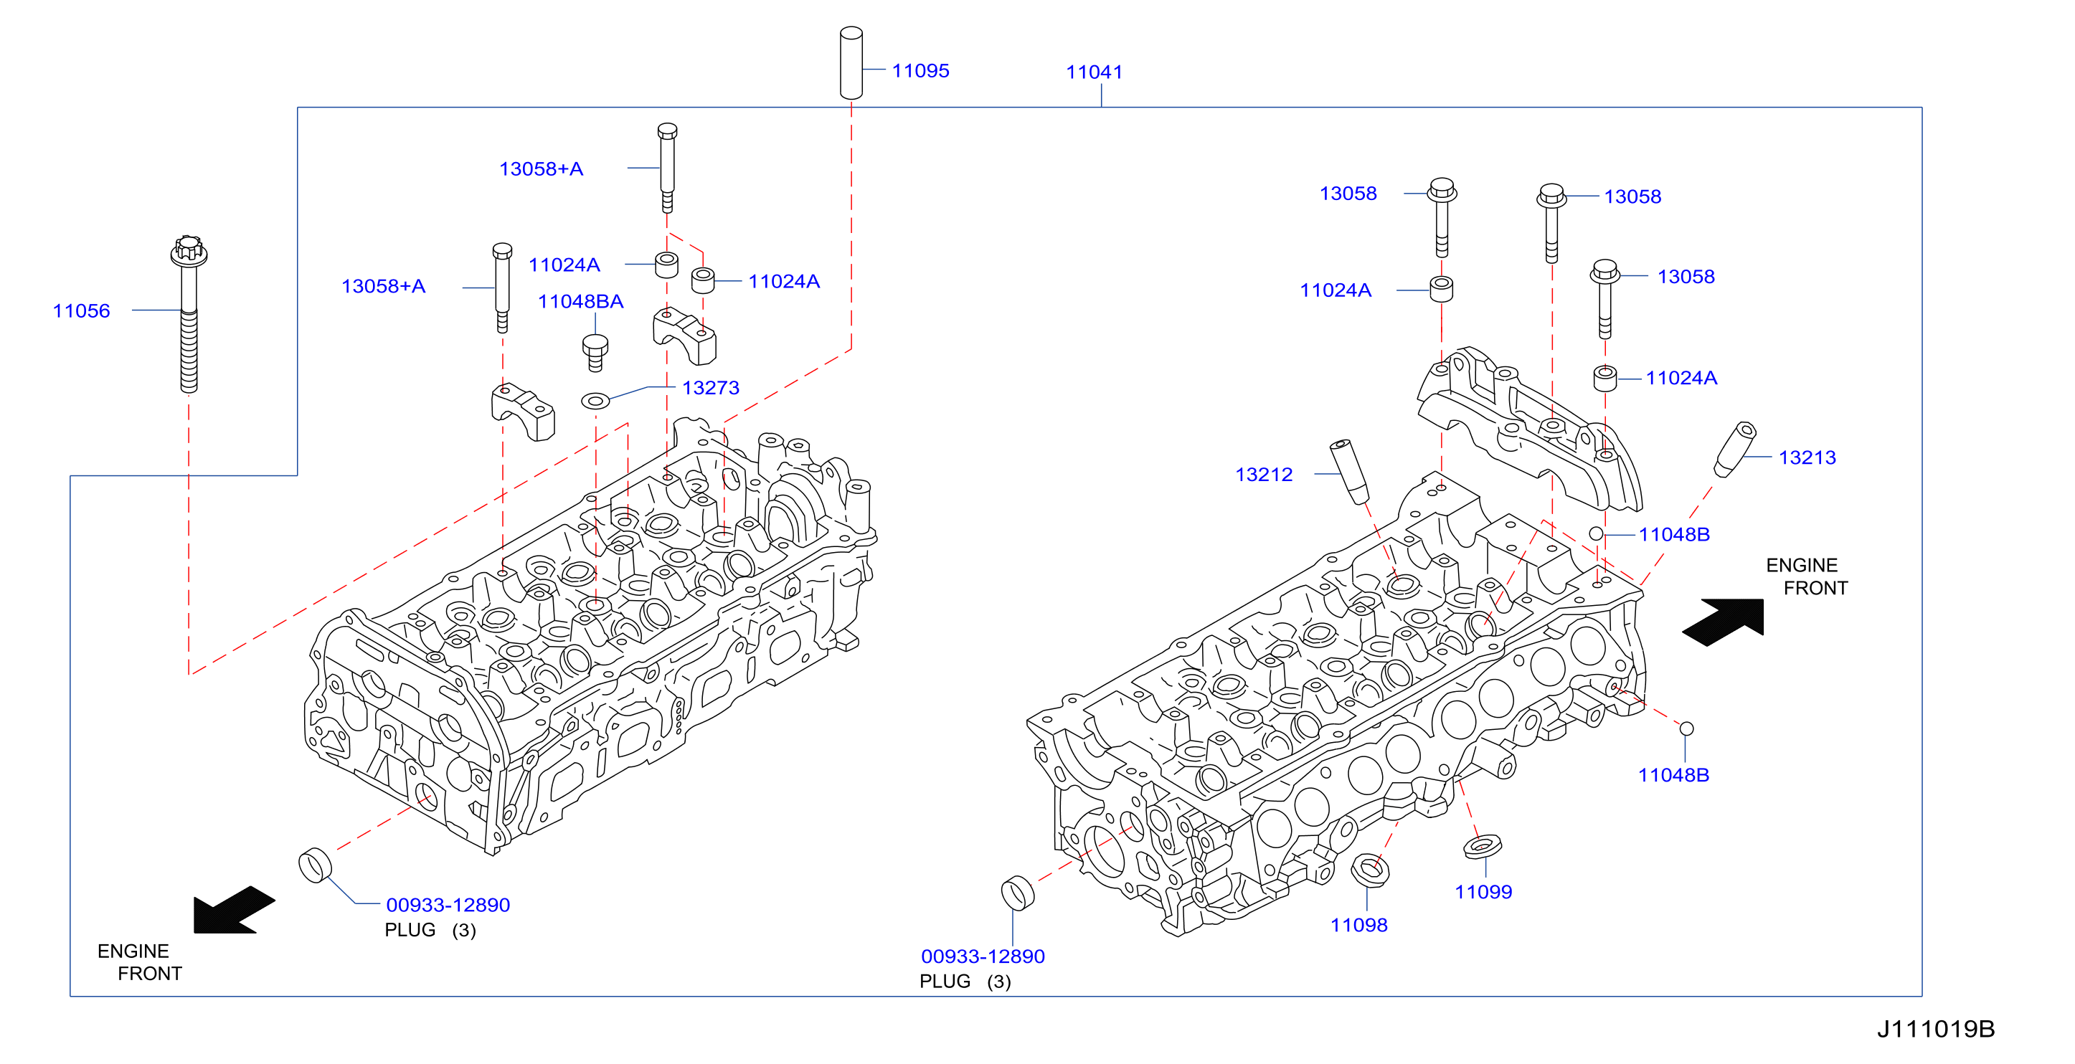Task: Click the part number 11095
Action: [920, 71]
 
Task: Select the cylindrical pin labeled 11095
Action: [851, 63]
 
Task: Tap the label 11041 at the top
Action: [1094, 72]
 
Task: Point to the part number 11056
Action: [81, 311]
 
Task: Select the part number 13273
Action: [711, 388]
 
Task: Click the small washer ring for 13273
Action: [595, 400]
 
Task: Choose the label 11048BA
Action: [581, 302]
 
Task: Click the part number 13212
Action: [1264, 475]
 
